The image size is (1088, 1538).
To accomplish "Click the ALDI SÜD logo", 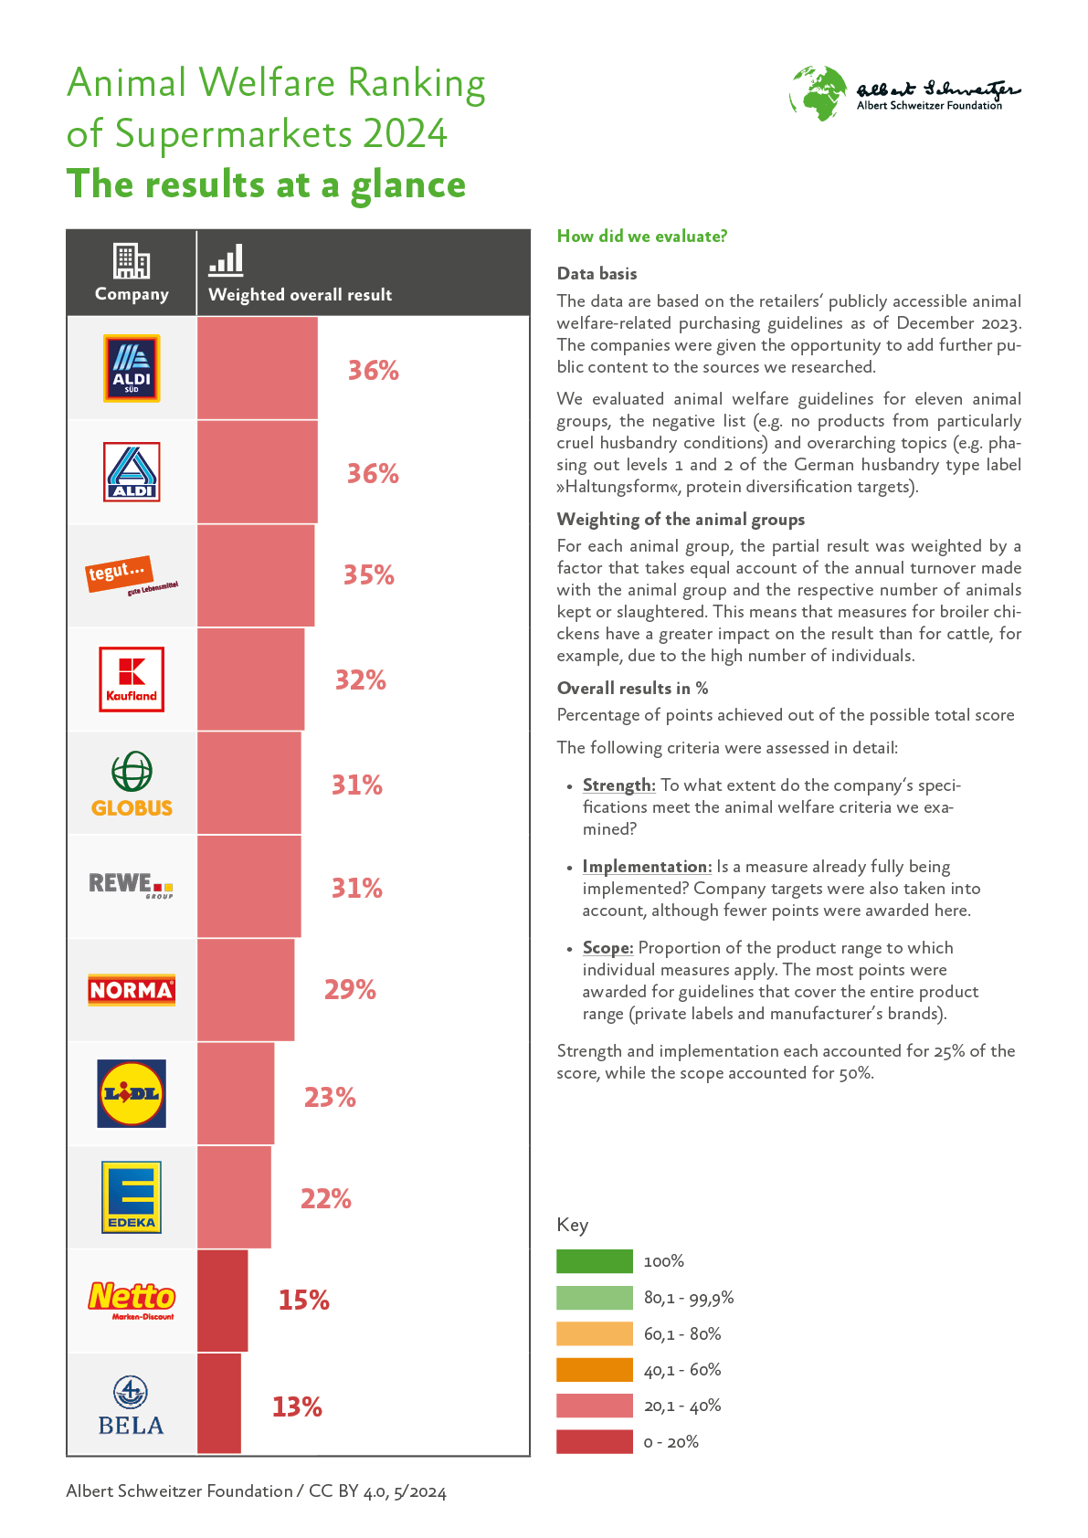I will (132, 368).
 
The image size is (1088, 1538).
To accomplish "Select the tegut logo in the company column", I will (132, 575).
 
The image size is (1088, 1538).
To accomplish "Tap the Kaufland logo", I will (132, 679).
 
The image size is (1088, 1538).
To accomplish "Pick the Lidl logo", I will (132, 1093).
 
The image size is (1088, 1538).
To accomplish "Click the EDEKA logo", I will (132, 1196).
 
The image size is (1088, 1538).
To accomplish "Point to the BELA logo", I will (132, 1406).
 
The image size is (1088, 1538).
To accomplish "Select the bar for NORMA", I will (246, 990).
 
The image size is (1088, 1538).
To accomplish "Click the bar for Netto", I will (222, 1301).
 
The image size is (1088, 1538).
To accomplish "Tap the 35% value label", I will (369, 575).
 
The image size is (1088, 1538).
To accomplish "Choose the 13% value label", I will (297, 1406).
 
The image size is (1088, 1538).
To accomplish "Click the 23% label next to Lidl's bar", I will (330, 1097).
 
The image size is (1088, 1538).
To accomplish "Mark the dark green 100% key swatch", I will (595, 1261).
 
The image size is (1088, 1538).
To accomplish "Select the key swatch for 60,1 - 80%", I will (595, 1333).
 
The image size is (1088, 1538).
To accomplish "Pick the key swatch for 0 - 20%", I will (595, 1441).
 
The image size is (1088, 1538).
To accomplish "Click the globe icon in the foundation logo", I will (819, 92).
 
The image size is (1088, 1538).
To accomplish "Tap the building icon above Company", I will (132, 260).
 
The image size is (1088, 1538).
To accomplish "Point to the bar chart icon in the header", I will (226, 260).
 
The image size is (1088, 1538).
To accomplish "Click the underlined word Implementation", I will (647, 867).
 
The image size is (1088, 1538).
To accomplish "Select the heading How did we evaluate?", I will (642, 237).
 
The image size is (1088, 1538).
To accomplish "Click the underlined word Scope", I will (607, 948).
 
